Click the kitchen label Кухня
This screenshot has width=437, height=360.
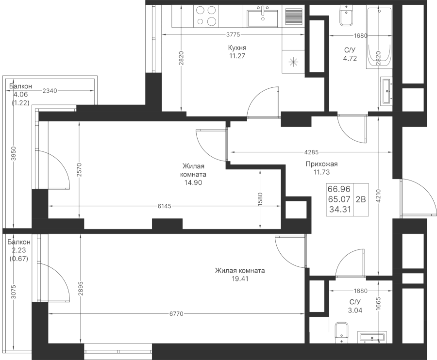pos(237,48)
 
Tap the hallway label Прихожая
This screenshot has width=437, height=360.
pos(321,164)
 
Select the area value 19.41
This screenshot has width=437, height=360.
pos(240,278)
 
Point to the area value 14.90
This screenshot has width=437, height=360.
pos(193,182)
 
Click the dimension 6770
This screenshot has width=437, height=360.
pos(176,314)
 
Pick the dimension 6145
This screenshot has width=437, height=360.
pos(165,206)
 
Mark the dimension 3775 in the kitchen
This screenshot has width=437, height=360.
pos(233,34)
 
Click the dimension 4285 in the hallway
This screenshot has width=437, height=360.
pos(311,152)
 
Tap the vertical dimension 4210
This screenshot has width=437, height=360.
pos(378,196)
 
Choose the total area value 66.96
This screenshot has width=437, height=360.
pos(339,189)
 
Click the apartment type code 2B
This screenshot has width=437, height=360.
pos(361,199)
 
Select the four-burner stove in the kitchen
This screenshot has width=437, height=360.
pos(206,16)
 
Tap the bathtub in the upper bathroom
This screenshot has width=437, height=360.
pos(379,37)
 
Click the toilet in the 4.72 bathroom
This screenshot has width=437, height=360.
pos(346,15)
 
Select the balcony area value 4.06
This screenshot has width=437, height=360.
pos(20,95)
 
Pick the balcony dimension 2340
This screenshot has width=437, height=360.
pos(50,91)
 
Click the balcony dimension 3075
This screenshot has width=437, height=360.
pos(14,292)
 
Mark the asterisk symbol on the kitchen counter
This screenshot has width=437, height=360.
pos(293,62)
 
